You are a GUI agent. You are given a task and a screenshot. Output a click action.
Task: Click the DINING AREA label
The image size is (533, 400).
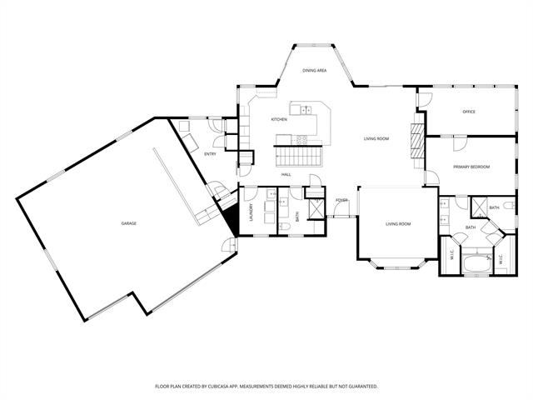pos(314,71)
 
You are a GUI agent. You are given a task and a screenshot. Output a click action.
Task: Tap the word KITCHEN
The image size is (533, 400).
pos(279,120)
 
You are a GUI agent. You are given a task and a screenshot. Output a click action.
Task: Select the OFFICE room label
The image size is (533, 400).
pos(469,112)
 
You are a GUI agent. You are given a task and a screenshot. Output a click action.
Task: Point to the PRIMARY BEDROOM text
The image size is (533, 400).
pos(471,167)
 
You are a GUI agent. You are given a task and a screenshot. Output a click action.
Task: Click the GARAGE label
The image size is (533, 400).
pos(128,223)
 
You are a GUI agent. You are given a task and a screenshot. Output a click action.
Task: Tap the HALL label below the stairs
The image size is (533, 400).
pos(286,174)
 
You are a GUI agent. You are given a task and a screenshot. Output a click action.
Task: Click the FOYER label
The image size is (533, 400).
pos(341,200)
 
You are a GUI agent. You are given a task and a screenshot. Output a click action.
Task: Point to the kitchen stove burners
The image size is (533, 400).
pos(303,139)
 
